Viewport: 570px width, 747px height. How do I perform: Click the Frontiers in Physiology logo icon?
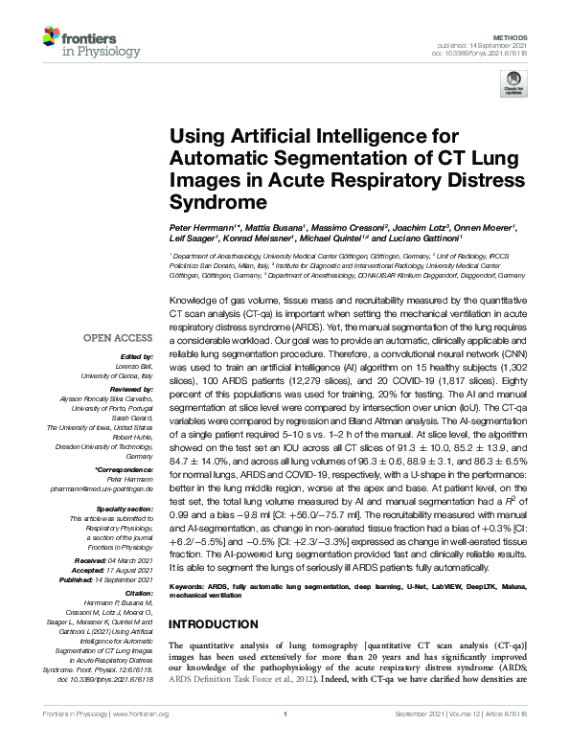coord(50,37)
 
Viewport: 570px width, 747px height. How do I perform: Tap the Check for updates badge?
coord(513,86)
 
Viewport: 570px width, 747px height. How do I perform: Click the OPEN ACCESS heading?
coord(117,337)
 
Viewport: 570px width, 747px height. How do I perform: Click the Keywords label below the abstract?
coord(186,584)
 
